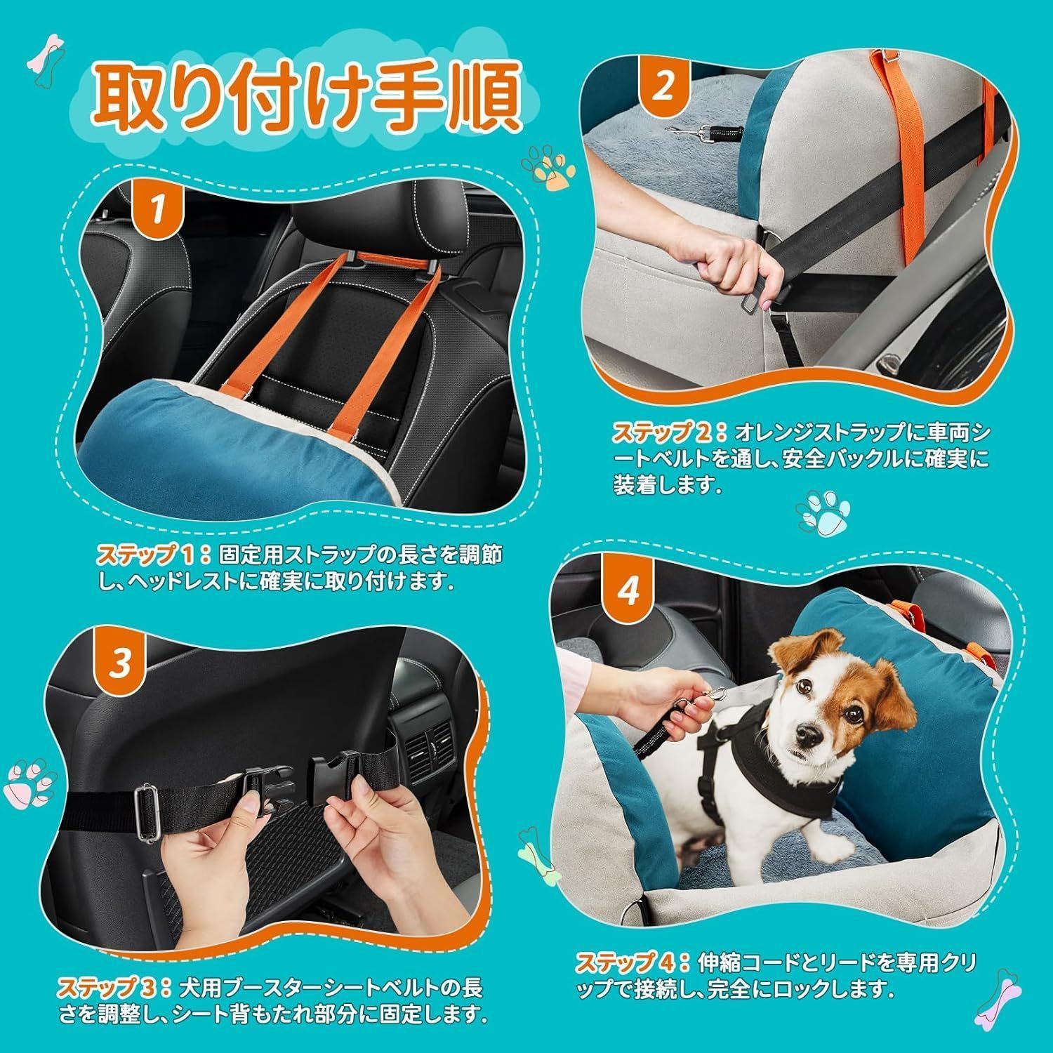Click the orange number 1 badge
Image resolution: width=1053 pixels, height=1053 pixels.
click(x=159, y=208)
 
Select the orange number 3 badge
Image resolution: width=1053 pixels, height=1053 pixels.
click(x=121, y=662)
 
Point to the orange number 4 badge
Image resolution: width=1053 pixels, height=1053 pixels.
click(x=628, y=592)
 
